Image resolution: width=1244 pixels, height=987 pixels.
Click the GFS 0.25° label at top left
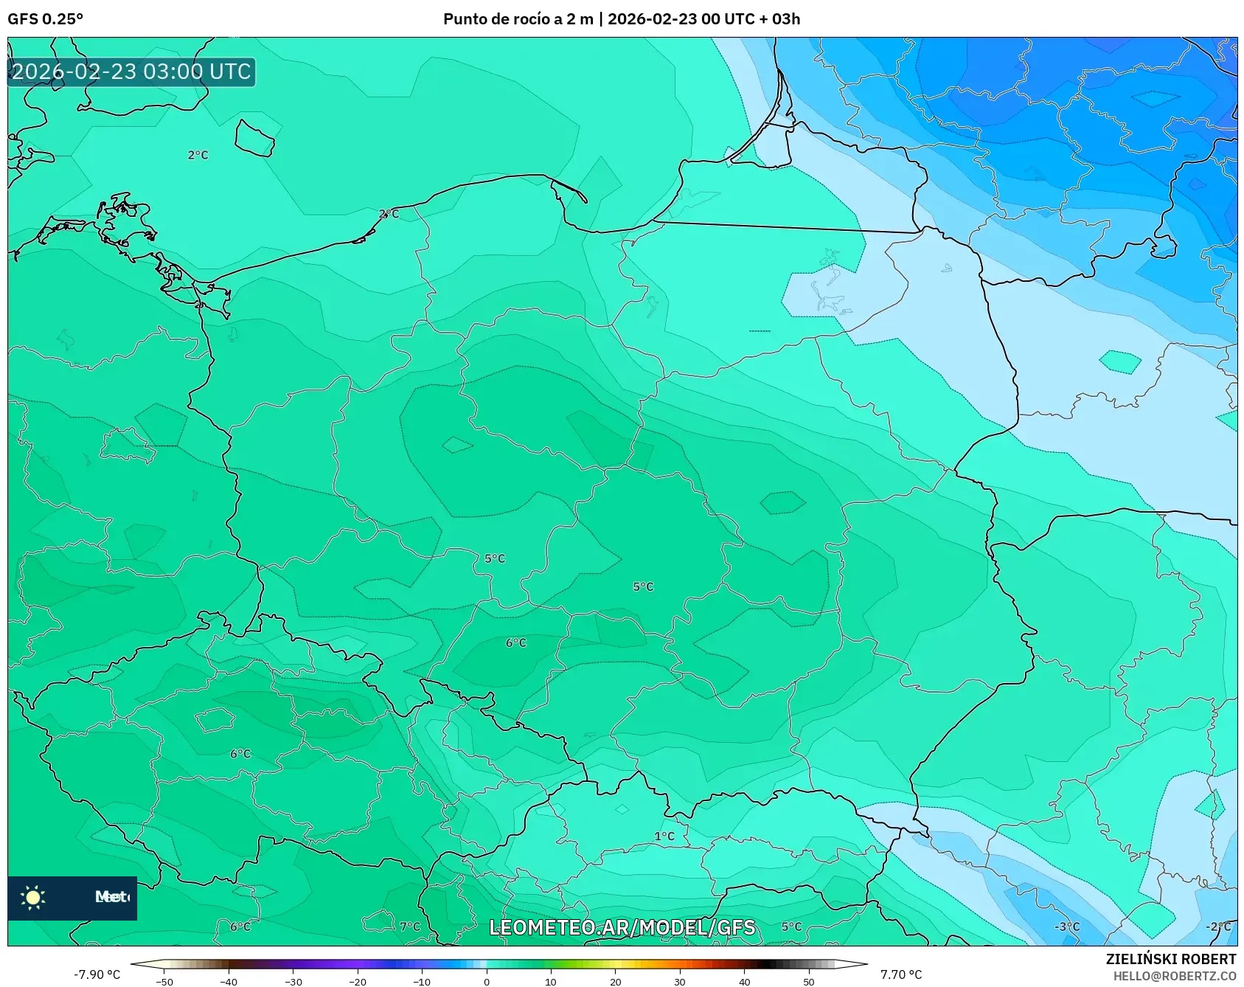(x=45, y=19)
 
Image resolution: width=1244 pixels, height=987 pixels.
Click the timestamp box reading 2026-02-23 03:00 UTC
(x=131, y=72)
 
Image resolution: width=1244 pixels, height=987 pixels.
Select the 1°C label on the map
(x=664, y=836)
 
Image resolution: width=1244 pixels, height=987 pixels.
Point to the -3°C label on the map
(x=1066, y=927)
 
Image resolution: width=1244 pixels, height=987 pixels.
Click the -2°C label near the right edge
(x=1218, y=927)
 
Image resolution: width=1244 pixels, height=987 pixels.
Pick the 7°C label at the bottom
(x=410, y=927)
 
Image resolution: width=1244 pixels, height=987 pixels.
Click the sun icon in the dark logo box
(x=33, y=897)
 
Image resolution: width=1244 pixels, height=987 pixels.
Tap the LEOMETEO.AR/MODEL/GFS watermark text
(x=622, y=927)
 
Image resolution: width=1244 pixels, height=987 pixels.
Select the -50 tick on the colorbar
(x=164, y=981)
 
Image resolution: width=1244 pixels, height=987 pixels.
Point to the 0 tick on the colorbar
(x=487, y=981)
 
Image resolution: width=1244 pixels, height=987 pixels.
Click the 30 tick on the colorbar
(x=680, y=981)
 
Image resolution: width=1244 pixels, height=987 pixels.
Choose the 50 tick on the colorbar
(x=809, y=981)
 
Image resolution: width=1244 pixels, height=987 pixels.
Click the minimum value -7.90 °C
(x=97, y=974)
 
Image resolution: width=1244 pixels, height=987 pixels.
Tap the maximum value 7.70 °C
(x=901, y=974)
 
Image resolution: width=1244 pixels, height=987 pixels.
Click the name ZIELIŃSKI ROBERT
(x=1171, y=959)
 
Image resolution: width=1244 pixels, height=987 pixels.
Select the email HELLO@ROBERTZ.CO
(x=1175, y=976)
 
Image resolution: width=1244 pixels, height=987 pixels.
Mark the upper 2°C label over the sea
(x=198, y=155)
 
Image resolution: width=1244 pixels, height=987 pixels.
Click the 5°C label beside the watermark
(x=791, y=927)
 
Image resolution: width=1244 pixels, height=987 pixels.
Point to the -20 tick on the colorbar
(x=358, y=981)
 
